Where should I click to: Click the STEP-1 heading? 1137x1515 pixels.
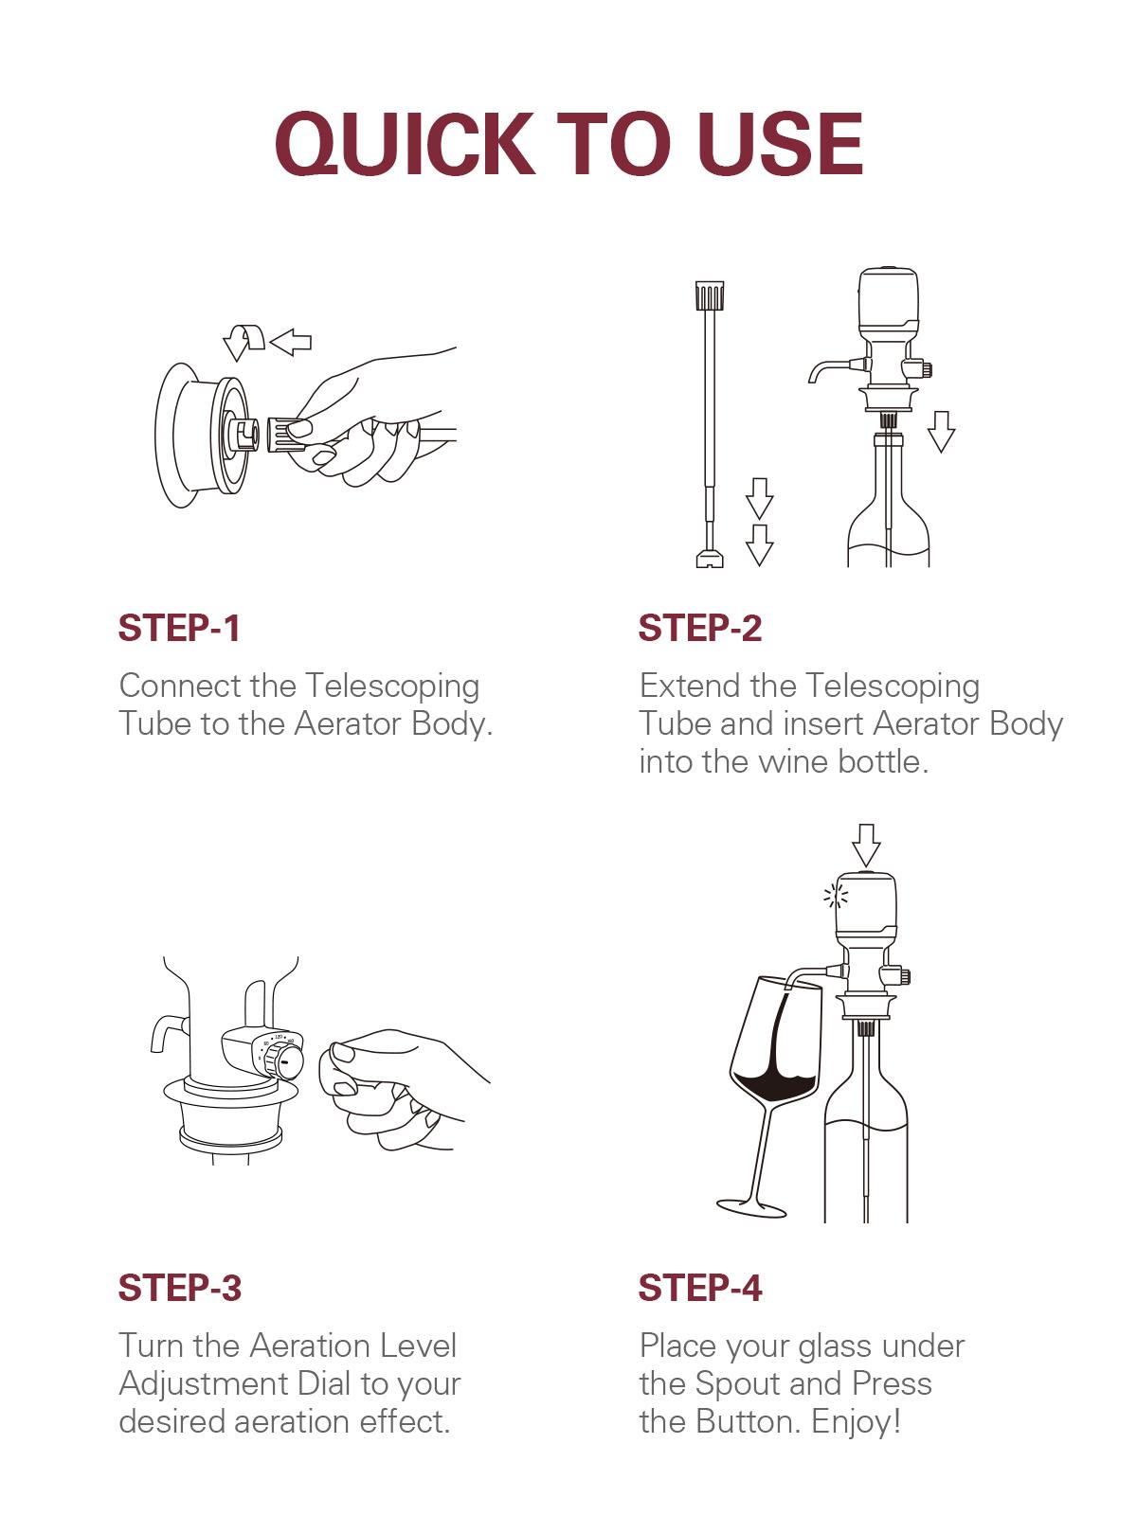(179, 629)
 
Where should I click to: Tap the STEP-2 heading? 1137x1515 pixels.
(699, 629)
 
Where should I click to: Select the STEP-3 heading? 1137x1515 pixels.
(179, 1289)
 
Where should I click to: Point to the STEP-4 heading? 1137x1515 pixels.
(699, 1289)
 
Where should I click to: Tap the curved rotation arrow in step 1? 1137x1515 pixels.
(243, 341)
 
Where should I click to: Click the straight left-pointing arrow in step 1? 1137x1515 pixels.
(291, 342)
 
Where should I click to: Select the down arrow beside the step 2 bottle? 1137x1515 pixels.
(941, 431)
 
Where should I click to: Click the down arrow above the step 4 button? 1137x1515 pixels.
(866, 844)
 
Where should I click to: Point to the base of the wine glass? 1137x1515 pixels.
(751, 1208)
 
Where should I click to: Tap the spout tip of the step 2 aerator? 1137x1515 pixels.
(813, 377)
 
